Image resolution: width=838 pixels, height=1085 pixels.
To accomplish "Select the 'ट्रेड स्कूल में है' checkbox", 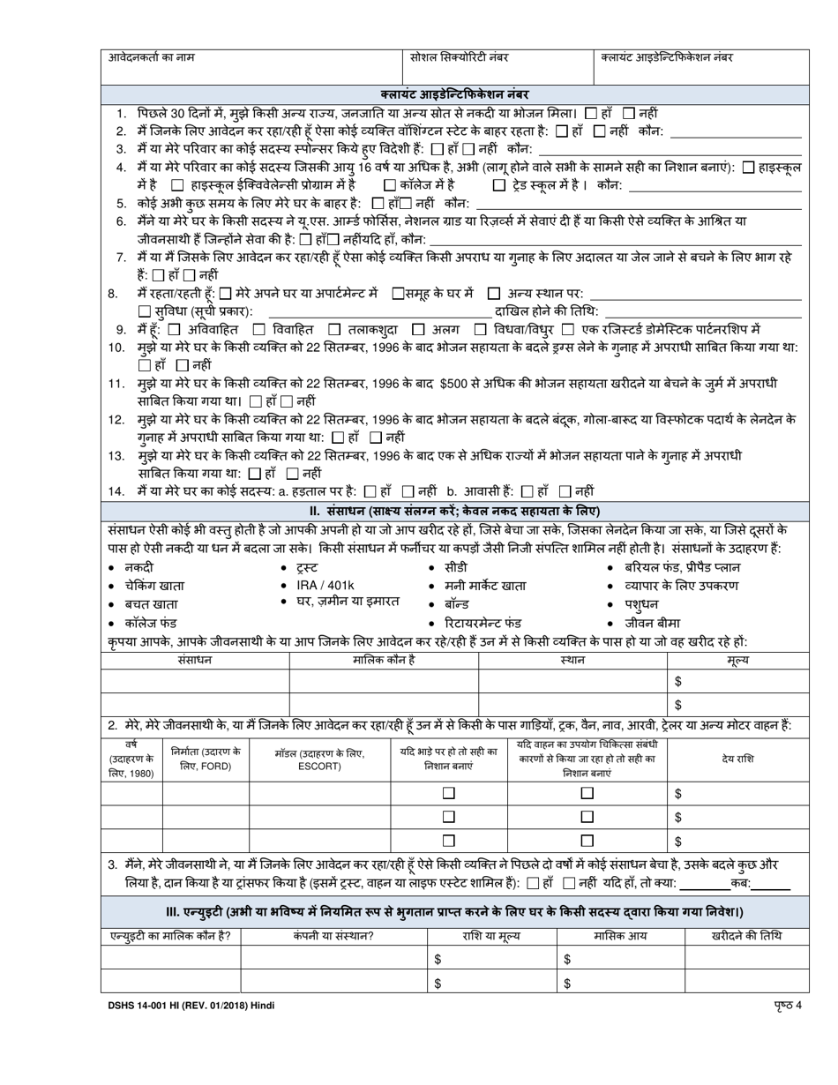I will tap(499, 185).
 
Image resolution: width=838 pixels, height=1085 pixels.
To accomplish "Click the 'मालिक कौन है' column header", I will tap(384, 660).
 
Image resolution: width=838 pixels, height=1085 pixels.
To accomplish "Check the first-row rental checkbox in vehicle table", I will tap(448, 794).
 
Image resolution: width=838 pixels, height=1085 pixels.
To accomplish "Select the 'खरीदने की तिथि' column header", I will tap(746, 936).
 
